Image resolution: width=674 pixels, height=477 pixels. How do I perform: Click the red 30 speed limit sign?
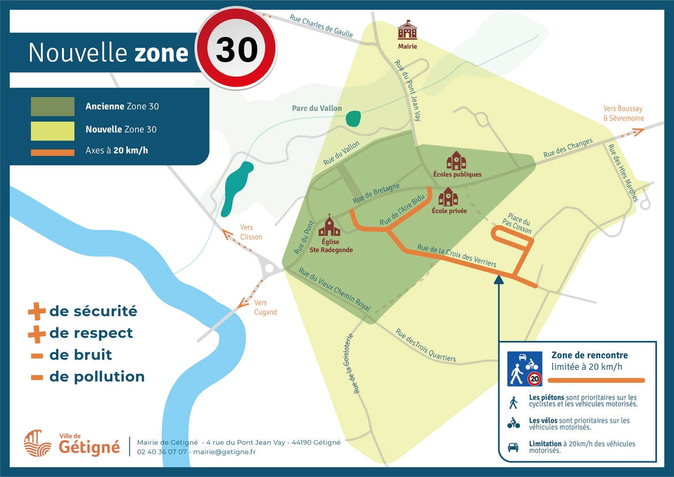tap(237, 48)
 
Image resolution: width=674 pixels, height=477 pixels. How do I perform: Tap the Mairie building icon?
tap(407, 31)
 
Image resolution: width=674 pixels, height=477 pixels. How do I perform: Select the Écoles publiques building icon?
tap(456, 160)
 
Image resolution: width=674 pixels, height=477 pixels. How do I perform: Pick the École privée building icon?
tap(448, 197)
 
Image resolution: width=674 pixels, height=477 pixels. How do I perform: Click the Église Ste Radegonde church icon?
tap(330, 226)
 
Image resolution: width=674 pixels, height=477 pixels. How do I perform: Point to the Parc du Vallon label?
tap(317, 108)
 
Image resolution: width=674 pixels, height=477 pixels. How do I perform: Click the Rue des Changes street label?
tap(568, 148)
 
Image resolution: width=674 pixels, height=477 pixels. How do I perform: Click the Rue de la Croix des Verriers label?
tap(456, 255)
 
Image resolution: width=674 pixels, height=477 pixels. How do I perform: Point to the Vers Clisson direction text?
tap(251, 232)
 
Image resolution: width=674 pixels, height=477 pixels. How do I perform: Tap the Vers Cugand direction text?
tap(265, 308)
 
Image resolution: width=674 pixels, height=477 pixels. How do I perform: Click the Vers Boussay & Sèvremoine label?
tap(623, 113)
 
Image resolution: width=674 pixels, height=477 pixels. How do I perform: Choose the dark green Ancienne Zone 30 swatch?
tap(52, 107)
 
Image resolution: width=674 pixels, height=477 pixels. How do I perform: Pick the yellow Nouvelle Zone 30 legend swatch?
tap(52, 130)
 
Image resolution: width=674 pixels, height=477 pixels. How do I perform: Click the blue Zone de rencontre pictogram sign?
tap(525, 369)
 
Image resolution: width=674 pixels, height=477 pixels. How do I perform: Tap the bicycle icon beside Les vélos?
tap(513, 423)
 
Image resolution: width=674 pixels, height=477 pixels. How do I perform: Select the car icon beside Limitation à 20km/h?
tap(513, 447)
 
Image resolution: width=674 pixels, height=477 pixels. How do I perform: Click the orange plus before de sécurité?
tap(36, 312)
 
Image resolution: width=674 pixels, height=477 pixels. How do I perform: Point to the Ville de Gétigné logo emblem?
tap(38, 443)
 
